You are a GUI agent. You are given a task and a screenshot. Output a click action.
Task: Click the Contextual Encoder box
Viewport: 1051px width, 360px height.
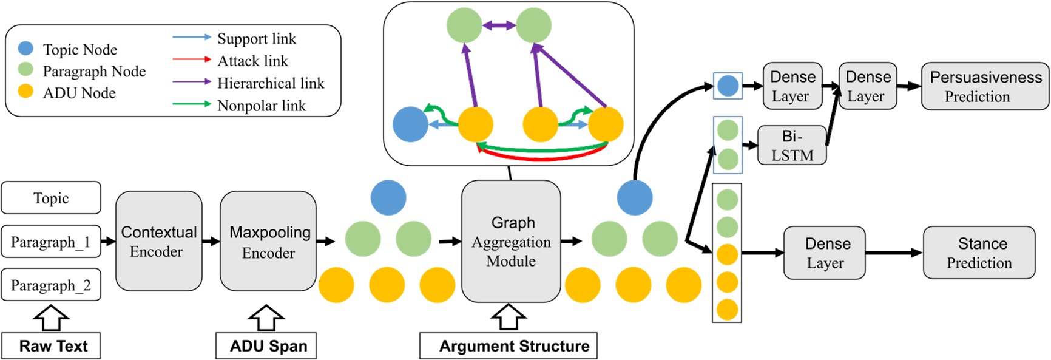[x=159, y=241]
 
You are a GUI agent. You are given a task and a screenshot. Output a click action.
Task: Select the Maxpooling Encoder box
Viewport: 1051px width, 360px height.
[x=268, y=241]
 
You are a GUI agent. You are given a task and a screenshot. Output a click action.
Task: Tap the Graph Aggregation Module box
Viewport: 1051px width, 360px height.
[x=511, y=241]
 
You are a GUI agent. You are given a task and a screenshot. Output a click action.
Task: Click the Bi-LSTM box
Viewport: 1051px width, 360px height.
[x=792, y=146]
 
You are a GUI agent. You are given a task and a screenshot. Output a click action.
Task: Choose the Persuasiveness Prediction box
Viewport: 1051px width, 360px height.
[x=985, y=86]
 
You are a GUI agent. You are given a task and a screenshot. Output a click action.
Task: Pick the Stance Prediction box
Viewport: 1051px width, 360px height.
[x=979, y=253]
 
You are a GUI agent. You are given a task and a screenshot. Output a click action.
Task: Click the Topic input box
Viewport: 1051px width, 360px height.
[x=51, y=198]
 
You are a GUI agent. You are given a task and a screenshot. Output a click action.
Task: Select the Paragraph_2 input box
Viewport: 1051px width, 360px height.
[x=51, y=285]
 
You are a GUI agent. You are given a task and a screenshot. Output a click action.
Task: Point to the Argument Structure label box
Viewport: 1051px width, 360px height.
[x=509, y=346]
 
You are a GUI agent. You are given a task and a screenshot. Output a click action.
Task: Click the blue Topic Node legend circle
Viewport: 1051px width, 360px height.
[x=25, y=49]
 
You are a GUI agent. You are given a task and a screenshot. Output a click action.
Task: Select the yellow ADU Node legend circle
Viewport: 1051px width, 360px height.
[x=25, y=92]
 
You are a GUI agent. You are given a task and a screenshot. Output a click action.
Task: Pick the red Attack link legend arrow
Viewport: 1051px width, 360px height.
[x=191, y=59]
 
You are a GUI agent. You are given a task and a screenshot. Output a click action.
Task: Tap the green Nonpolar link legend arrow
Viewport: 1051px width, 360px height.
[x=191, y=104]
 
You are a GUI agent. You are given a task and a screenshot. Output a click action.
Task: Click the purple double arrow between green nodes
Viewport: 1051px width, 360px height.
[x=499, y=26]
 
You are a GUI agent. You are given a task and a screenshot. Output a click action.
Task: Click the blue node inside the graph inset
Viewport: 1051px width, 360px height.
[x=411, y=124]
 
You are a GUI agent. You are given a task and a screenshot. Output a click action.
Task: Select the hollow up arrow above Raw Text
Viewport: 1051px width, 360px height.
[x=51, y=317]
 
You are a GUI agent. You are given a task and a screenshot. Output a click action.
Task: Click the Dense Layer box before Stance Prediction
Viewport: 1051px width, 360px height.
[x=824, y=253]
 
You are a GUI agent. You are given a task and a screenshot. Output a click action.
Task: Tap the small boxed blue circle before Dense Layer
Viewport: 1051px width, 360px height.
[x=728, y=86]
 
